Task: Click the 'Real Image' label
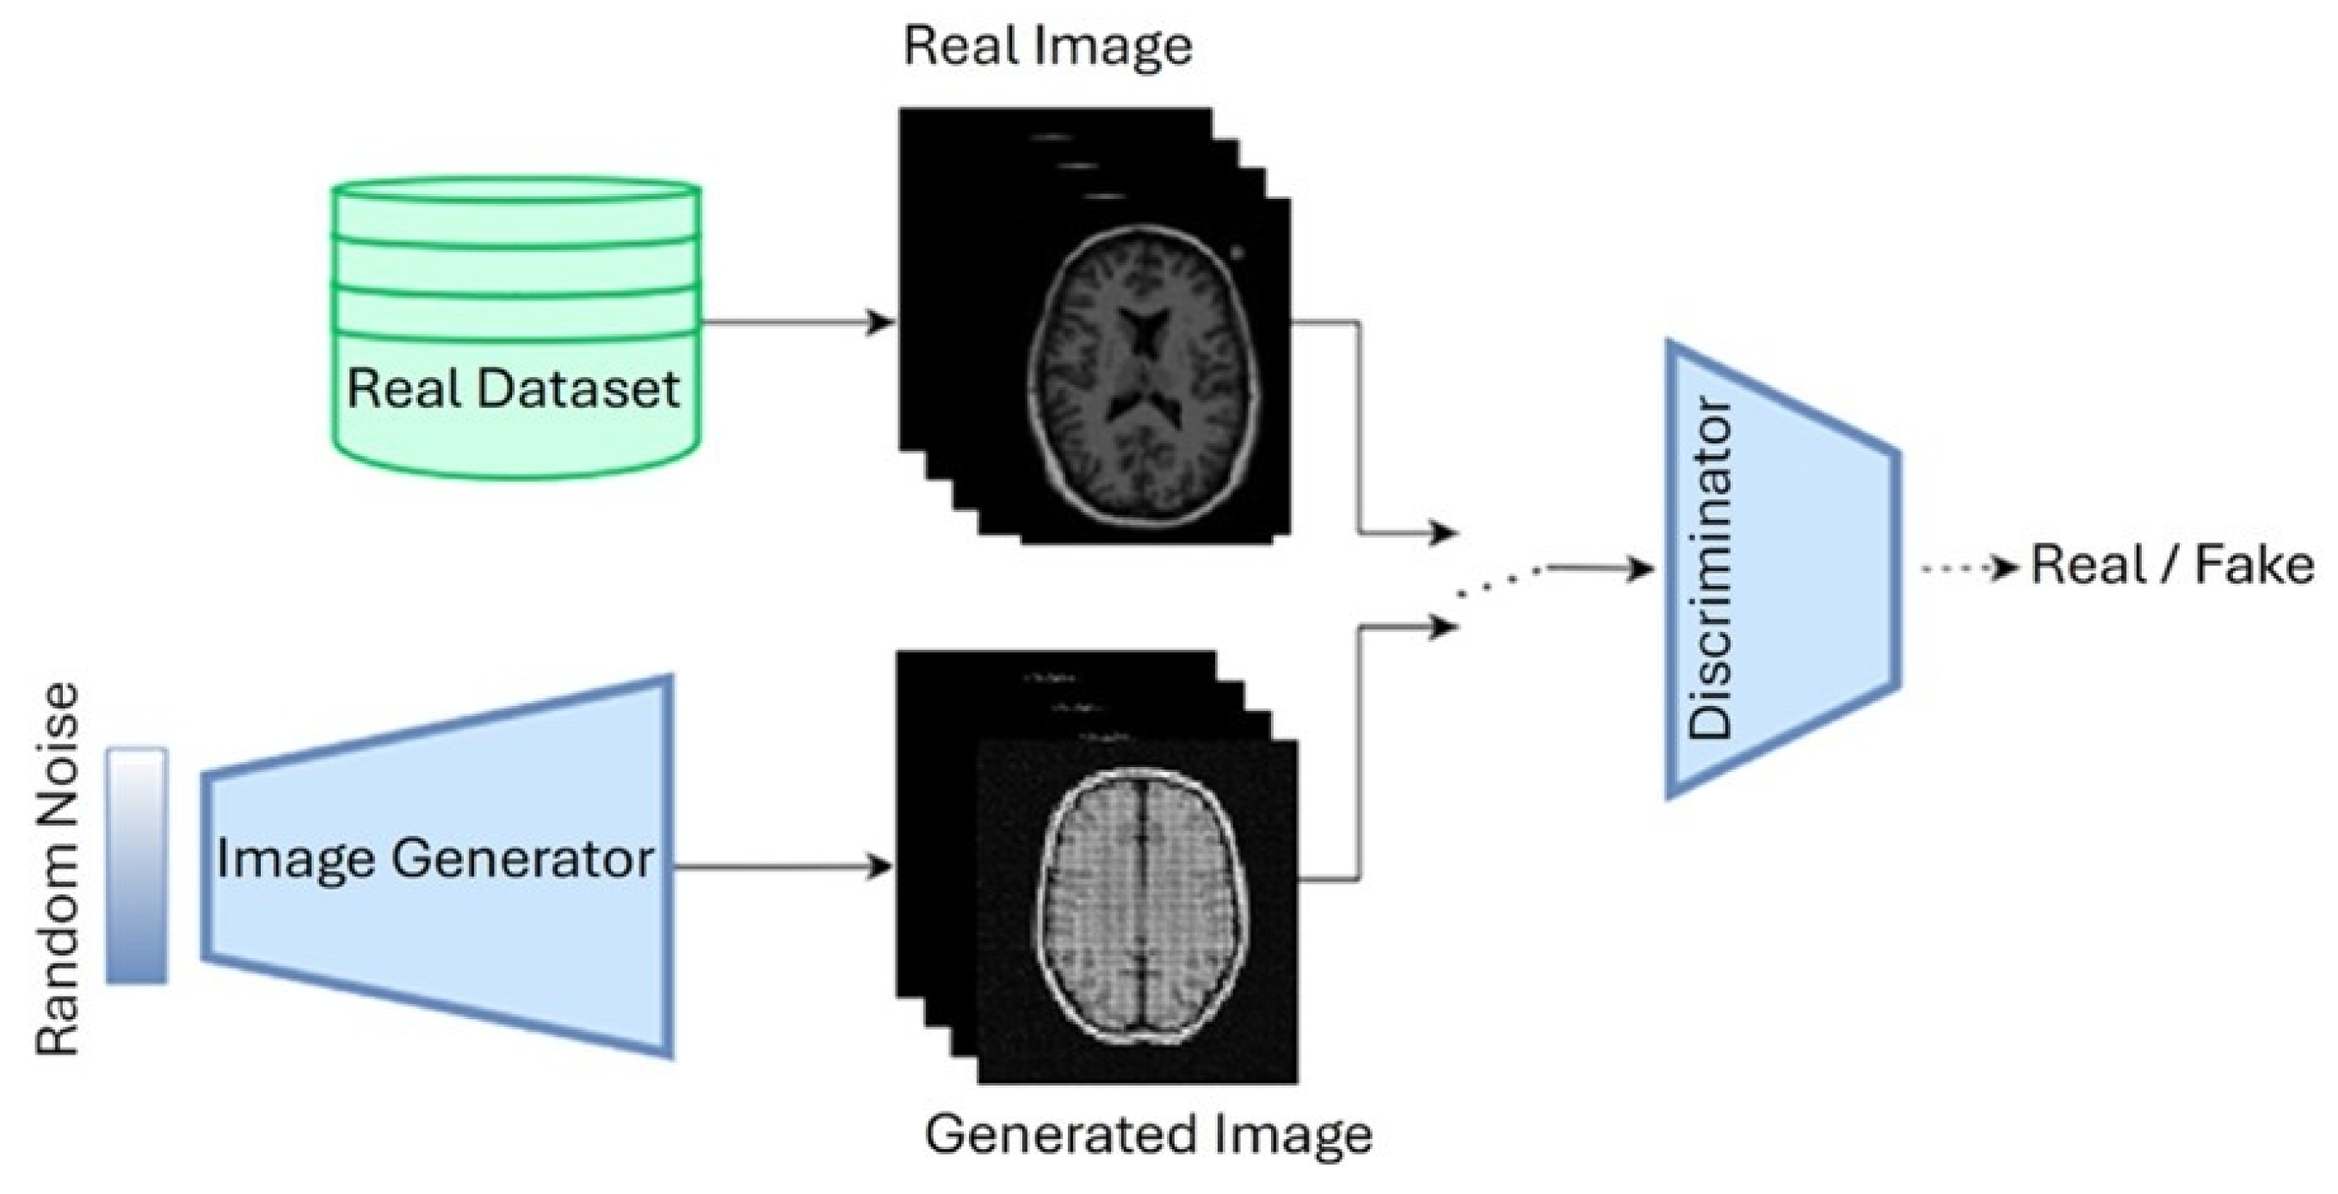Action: pos(1047,47)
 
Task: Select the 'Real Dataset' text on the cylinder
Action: pos(513,388)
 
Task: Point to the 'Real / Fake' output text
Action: pos(2172,566)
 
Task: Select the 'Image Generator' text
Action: pos(435,858)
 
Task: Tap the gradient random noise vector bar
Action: pos(137,864)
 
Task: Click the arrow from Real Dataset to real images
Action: pos(799,321)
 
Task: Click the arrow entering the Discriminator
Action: pos(1602,569)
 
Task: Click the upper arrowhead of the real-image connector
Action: pos(1442,533)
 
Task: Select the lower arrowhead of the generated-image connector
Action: pos(1442,627)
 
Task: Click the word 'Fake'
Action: pos(2255,566)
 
